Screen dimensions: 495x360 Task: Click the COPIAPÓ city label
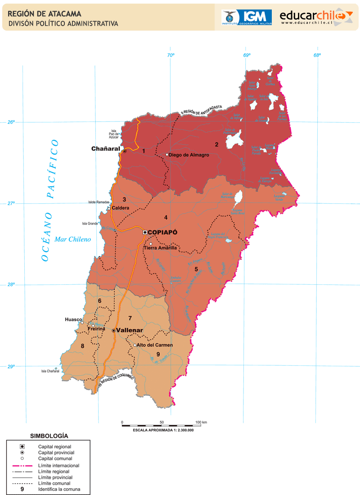[x=162, y=232]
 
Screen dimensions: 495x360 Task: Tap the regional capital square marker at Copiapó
[x=145, y=232]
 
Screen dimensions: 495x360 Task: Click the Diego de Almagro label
[x=189, y=155]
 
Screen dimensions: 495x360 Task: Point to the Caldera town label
[x=121, y=208]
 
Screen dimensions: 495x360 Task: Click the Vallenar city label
[x=130, y=330]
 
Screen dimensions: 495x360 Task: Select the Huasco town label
[x=73, y=319]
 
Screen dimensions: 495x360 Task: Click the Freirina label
[x=97, y=329]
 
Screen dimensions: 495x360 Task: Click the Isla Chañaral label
[x=50, y=371]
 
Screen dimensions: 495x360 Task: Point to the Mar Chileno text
[x=72, y=239]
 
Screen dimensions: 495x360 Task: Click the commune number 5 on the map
[x=196, y=269]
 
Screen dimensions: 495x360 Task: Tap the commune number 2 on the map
[x=216, y=144]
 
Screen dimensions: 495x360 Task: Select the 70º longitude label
[x=171, y=55]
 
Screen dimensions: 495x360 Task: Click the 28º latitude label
[x=10, y=284]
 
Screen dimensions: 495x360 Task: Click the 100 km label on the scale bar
[x=201, y=423]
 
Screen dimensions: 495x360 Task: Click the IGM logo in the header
[x=247, y=17]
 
